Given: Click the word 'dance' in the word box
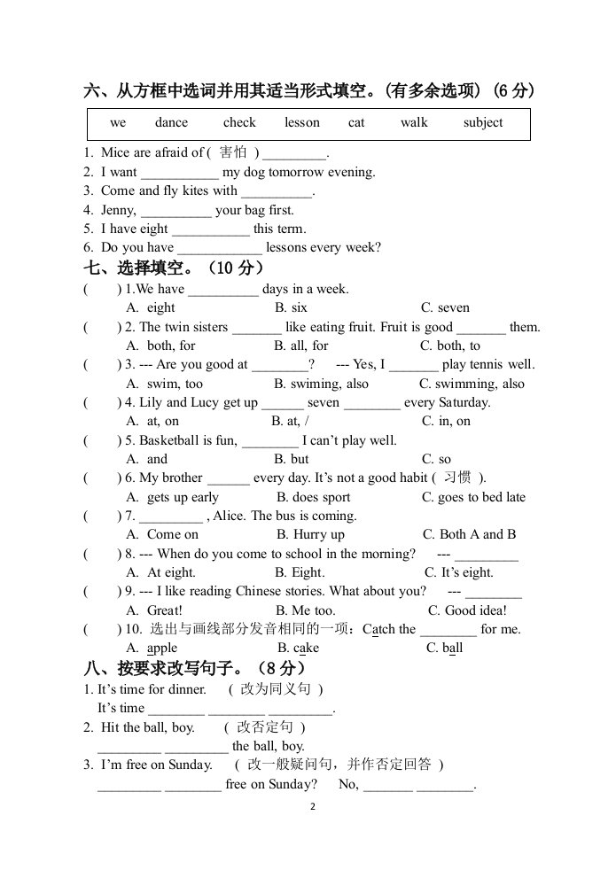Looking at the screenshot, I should pos(171,123).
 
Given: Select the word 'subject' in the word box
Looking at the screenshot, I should pos(482,123).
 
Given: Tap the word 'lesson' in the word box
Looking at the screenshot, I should pos(302,123).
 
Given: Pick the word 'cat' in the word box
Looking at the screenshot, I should pos(356,123).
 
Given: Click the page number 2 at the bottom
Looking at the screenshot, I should pos(311,807).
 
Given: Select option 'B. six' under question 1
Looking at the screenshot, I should pos(291,308).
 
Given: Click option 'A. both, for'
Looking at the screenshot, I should pos(161,346).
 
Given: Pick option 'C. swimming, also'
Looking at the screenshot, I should pos(472,385).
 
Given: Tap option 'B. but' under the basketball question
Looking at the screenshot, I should pos(292,460).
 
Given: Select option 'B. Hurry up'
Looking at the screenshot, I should pos(310,535).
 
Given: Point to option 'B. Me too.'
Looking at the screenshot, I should pos(305,611).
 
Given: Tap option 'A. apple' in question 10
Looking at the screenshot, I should pos(152,649).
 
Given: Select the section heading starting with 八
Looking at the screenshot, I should pos(194,669).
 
